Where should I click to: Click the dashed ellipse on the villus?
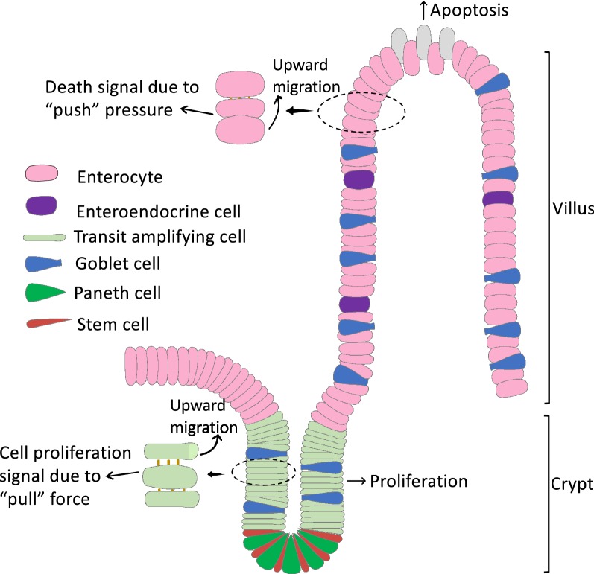tap(361, 112)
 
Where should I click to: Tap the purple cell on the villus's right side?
tap(498, 199)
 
